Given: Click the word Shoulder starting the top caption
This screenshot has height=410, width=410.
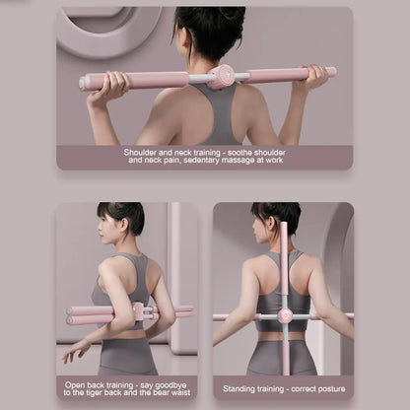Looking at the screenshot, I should point(143,153).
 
